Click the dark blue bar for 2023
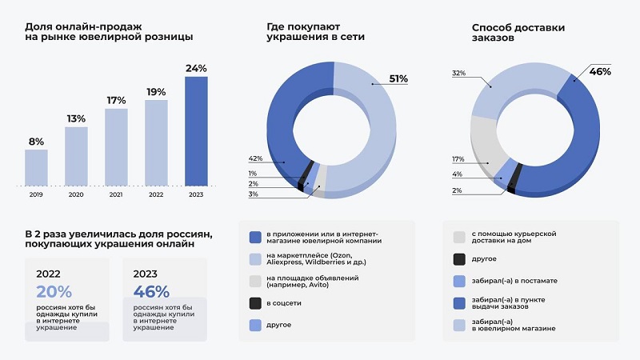tap(196, 130)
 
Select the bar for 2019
tap(36, 167)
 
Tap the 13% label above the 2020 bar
tap(76, 119)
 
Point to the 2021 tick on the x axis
tap(116, 194)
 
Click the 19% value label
tap(156, 92)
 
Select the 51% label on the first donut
tap(398, 78)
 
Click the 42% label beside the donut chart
tap(255, 158)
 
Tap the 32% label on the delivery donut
tap(458, 73)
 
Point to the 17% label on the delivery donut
tap(458, 159)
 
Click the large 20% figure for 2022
tap(54, 292)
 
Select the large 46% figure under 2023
tap(151, 292)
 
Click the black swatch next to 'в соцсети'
tap(255, 303)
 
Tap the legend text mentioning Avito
tap(312, 282)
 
